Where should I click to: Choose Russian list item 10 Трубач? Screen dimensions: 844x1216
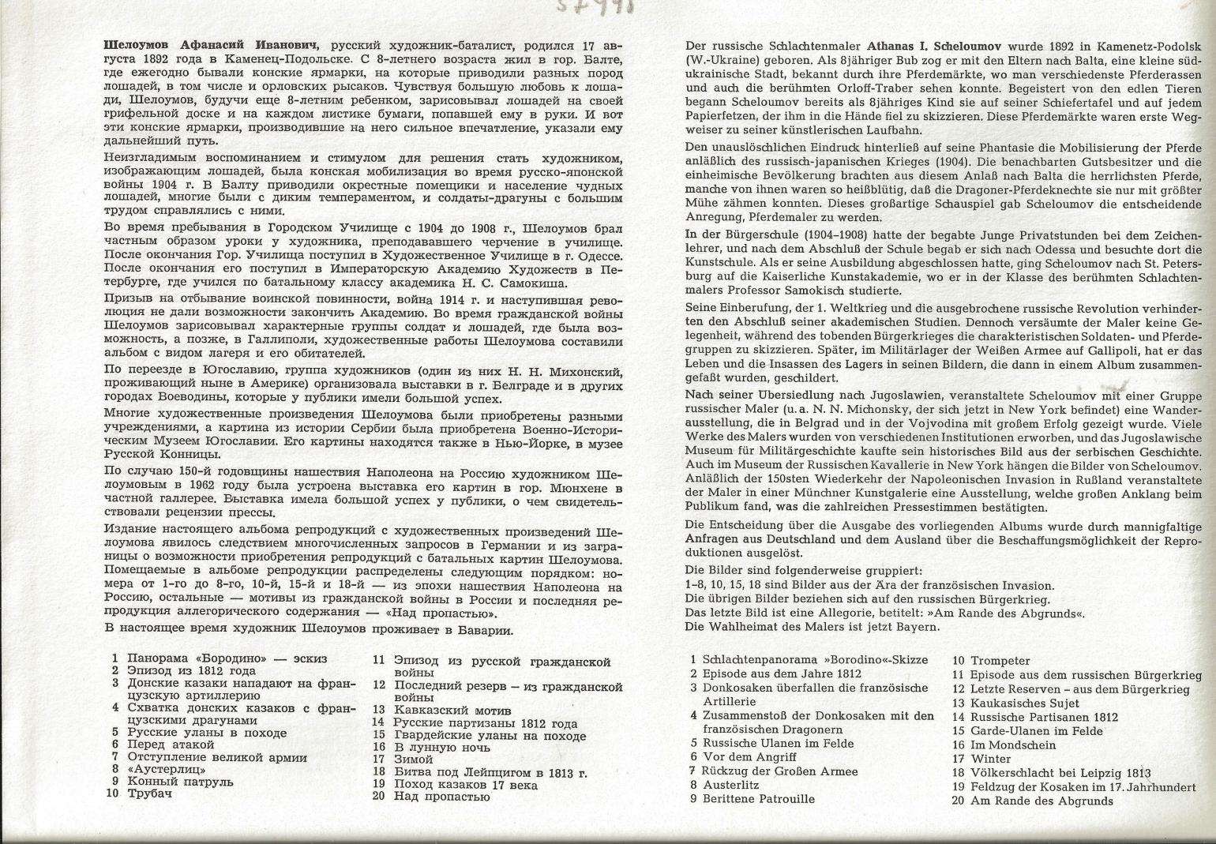149,794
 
